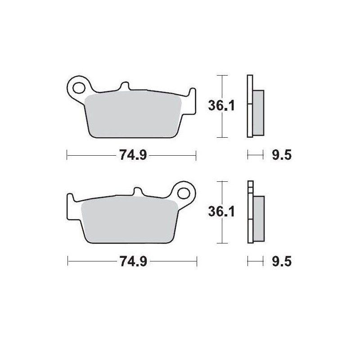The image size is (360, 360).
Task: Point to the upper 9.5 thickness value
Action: pyautogui.click(x=282, y=156)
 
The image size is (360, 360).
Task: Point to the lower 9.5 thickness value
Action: pyautogui.click(x=282, y=261)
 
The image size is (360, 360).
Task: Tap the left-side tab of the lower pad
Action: pyautogui.click(x=70, y=200)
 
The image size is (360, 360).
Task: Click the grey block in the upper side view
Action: pyautogui.click(x=259, y=112)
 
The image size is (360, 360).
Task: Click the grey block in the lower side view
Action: pyautogui.click(x=259, y=219)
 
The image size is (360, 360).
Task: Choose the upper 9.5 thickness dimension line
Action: pyautogui.click(x=255, y=156)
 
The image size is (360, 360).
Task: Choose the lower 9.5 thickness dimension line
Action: pyautogui.click(x=255, y=261)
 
